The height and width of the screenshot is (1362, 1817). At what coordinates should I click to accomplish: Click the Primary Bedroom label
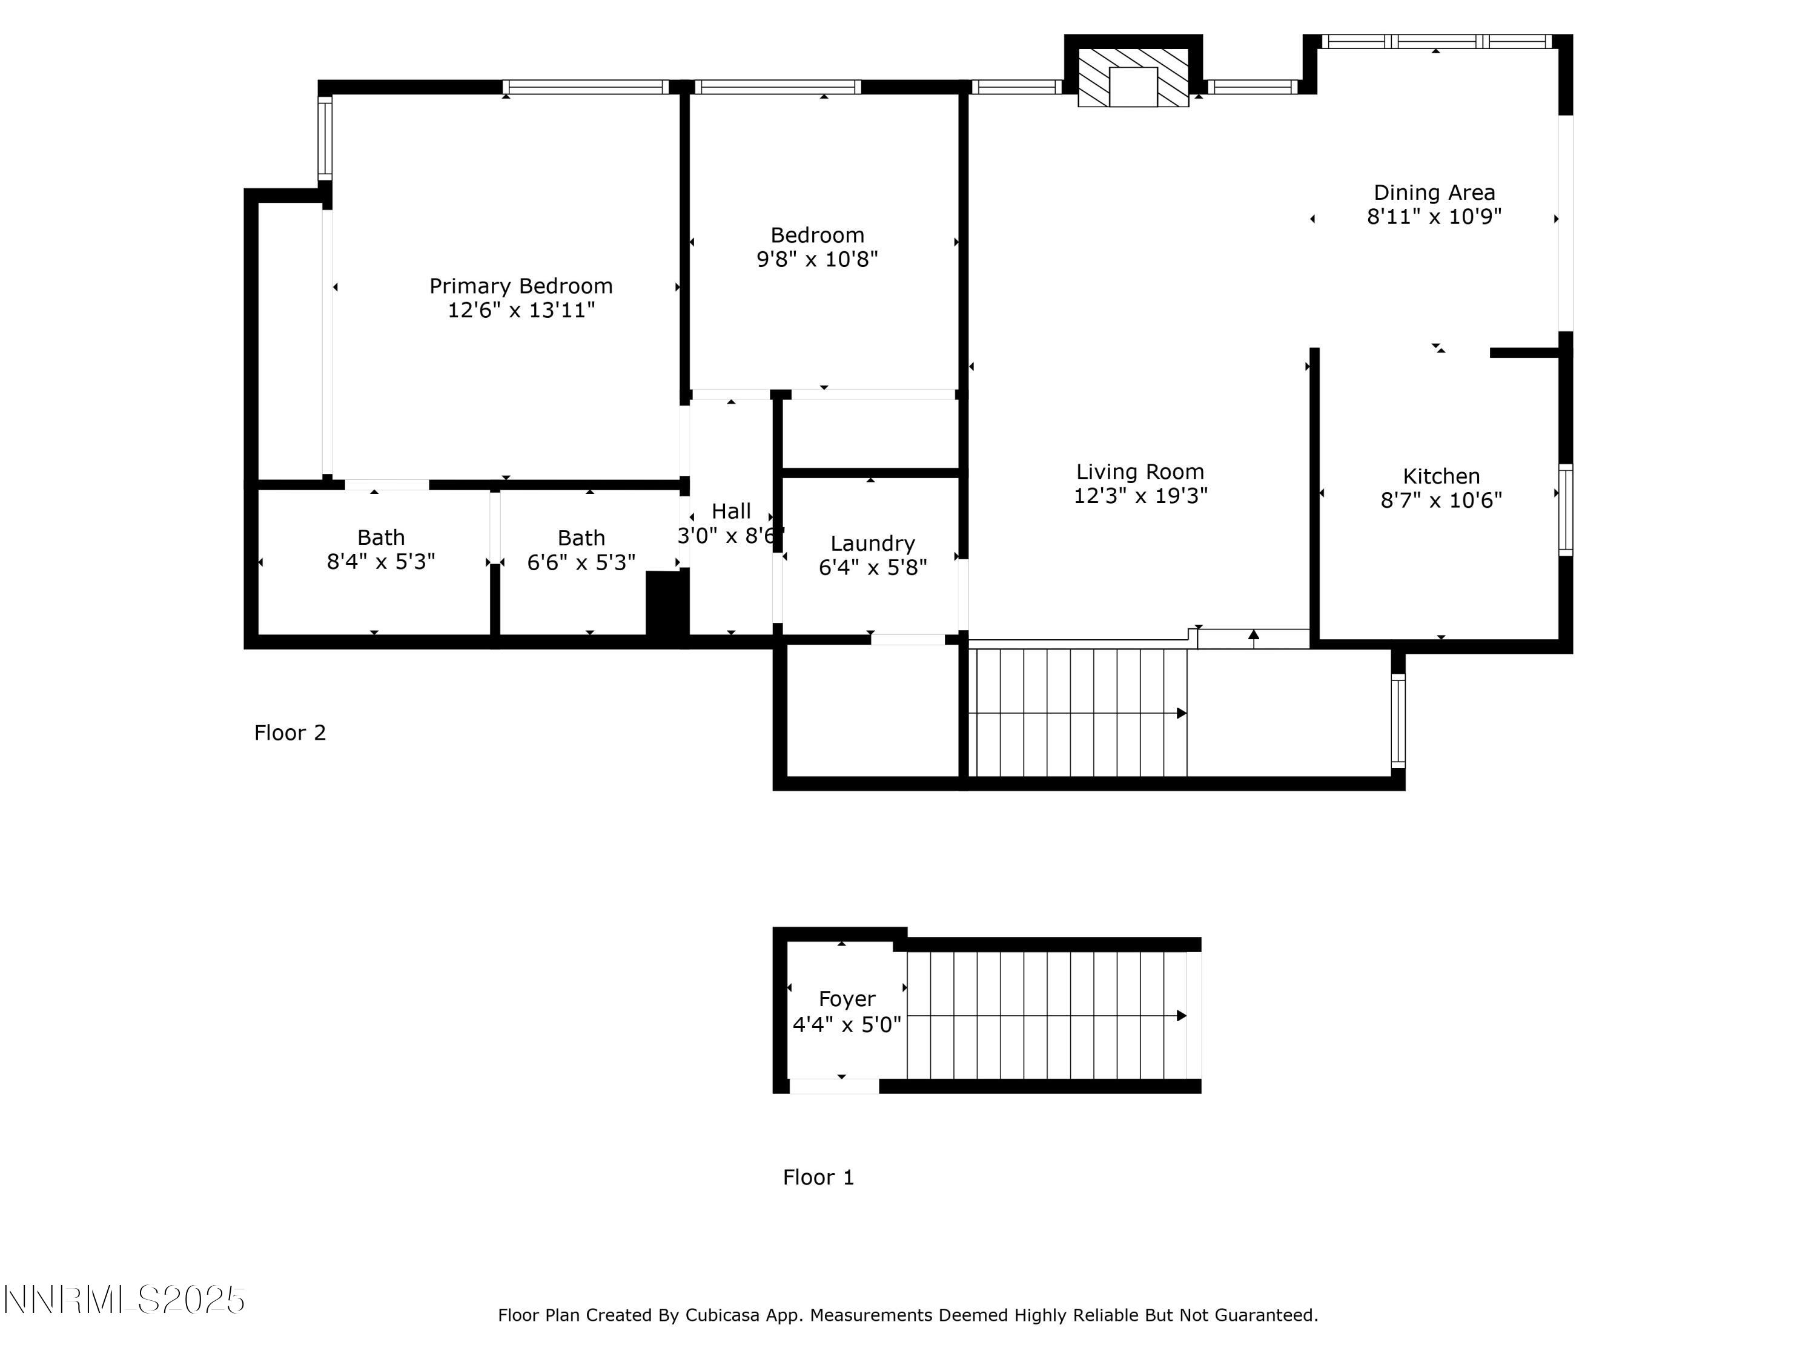pyautogui.click(x=521, y=286)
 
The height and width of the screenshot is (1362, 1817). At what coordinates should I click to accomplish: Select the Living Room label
pyautogui.click(x=1140, y=472)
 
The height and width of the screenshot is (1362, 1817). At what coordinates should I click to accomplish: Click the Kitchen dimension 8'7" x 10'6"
pyautogui.click(x=1441, y=501)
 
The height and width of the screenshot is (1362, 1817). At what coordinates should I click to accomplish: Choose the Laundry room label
pyautogui.click(x=872, y=544)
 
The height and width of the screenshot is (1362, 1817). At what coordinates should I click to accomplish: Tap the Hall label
pyautogui.click(x=731, y=512)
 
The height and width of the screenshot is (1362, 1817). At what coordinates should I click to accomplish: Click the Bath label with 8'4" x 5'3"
pyautogui.click(x=381, y=538)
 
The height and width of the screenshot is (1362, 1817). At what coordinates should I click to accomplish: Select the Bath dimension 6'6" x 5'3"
pyautogui.click(x=581, y=562)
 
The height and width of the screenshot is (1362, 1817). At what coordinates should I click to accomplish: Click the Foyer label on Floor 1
pyautogui.click(x=847, y=999)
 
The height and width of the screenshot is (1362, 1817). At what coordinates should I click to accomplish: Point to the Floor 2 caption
pyautogui.click(x=290, y=733)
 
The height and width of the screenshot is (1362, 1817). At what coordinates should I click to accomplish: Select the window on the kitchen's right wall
pyautogui.click(x=1566, y=510)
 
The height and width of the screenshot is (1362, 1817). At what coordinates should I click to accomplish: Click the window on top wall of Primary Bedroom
pyautogui.click(x=586, y=87)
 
